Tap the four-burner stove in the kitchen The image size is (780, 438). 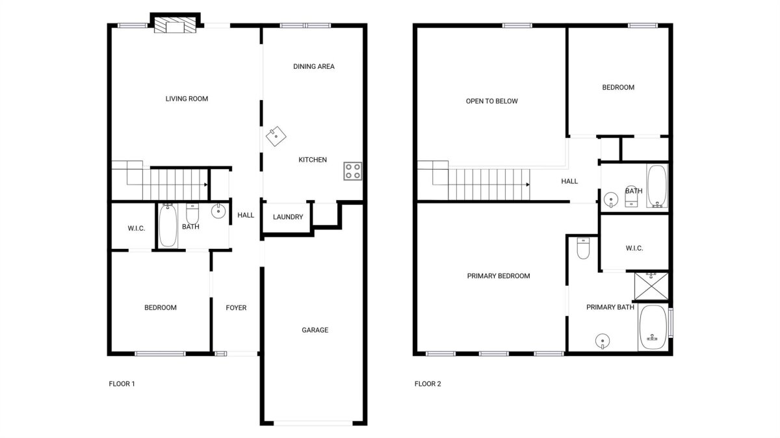352,171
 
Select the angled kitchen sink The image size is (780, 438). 276,136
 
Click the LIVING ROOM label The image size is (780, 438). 187,99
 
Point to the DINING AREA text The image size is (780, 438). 314,66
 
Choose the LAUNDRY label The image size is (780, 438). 288,217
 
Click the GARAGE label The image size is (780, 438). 315,330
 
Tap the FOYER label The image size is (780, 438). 236,308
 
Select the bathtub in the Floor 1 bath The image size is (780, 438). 168,225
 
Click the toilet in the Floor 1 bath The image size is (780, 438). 192,214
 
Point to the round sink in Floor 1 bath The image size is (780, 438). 218,211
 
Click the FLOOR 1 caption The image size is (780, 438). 122,383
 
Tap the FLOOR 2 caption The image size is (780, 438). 428,383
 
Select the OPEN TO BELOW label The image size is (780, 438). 491,101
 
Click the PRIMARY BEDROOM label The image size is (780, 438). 499,276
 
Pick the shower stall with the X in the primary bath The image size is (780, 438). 651,286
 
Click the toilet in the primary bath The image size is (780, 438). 583,248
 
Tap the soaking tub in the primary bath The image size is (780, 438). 653,328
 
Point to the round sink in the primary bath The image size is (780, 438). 603,341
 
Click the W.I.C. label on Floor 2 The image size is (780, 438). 634,248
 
